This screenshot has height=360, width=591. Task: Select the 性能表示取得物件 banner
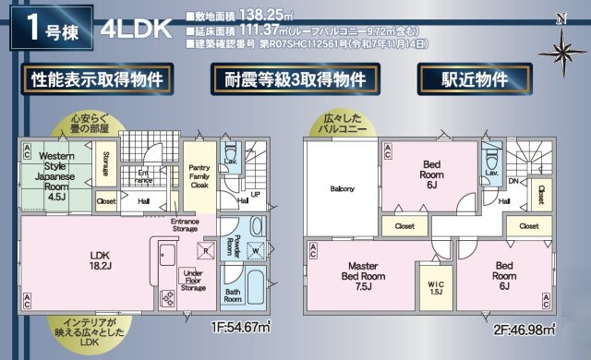pyautogui.click(x=97, y=79)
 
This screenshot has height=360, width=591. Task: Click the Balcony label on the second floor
pyautogui.click(x=343, y=189)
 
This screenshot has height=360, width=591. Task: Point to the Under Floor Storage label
pyautogui.click(x=193, y=279)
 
